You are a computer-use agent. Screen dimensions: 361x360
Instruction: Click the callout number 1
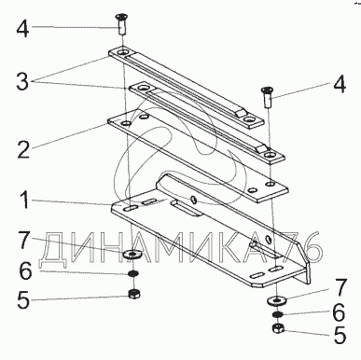23,201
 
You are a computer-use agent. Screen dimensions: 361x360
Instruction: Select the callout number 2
23,149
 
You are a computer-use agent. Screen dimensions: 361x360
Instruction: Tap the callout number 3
22,82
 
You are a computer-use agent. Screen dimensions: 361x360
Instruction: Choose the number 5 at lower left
23,299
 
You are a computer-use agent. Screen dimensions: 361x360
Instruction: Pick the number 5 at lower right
340,335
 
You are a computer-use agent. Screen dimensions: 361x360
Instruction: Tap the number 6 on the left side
25,270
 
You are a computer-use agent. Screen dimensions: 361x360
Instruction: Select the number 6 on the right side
339,312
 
